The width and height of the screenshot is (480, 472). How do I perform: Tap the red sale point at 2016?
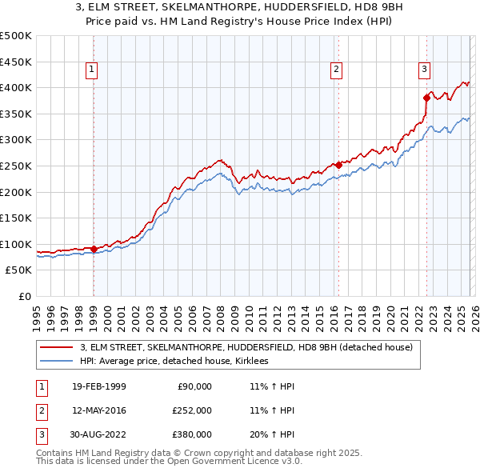[338, 165]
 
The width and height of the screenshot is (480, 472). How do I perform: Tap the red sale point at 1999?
[94, 249]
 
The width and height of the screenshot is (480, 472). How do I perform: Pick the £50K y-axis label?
[19, 270]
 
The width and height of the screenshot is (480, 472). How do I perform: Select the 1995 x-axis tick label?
[37, 313]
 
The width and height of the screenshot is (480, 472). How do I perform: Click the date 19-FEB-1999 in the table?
[98, 386]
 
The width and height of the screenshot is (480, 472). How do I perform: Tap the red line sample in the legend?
[56, 348]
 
